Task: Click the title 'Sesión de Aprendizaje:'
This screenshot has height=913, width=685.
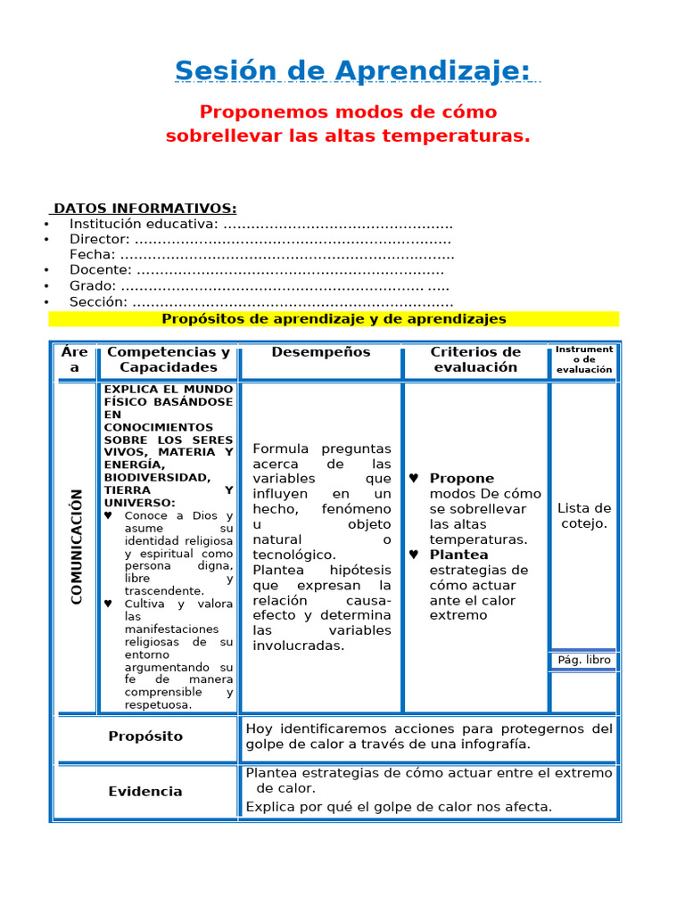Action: [352, 70]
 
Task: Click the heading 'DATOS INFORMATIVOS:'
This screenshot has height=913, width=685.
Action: [144, 209]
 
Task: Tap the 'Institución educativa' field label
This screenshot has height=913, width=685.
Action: [143, 224]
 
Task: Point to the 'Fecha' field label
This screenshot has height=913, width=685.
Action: [92, 254]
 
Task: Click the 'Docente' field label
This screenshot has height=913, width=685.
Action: [101, 270]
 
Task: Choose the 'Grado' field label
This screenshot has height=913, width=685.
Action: [93, 285]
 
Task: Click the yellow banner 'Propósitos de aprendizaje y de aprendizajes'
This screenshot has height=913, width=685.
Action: [334, 318]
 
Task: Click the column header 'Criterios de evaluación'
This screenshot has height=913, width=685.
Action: [475, 359]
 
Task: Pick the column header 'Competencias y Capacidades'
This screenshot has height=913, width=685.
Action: [169, 359]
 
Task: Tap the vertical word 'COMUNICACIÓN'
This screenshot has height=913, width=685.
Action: [77, 547]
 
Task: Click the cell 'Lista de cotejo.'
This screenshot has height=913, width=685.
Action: [584, 515]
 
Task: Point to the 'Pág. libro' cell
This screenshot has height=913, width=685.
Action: [584, 661]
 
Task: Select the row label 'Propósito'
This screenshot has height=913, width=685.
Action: [145, 736]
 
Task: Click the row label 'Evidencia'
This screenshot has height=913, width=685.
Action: [145, 792]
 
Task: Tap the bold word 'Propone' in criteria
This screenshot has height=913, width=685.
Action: [461, 479]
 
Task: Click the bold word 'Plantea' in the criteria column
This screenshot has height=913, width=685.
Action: [458, 555]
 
